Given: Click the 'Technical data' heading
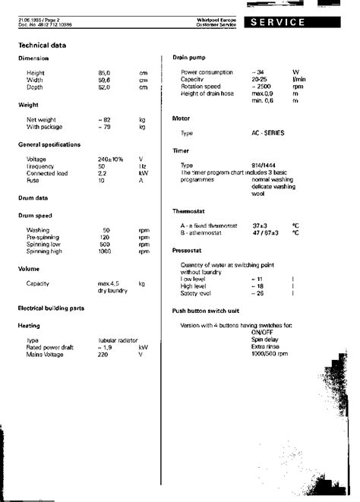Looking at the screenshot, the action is [43, 45].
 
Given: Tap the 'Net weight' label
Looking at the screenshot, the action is [42, 119].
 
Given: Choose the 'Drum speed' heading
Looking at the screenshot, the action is [36, 215].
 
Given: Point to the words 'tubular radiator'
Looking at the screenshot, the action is [115, 339].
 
